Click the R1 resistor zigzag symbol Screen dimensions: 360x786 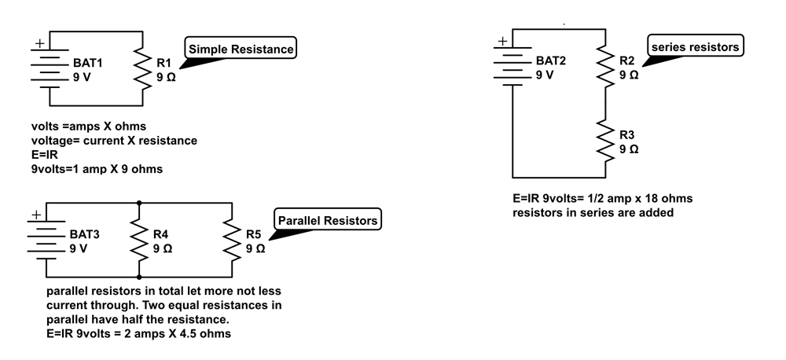coord(143,69)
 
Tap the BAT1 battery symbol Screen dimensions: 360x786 coord(50,69)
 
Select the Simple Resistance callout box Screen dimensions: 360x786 coord(241,50)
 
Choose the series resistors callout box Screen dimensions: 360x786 coord(696,47)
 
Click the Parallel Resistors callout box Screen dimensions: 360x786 coord(327,220)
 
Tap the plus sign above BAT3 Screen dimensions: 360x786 coord(35,214)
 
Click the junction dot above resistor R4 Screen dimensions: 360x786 coord(139,202)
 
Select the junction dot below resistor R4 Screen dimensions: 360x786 coord(139,277)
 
